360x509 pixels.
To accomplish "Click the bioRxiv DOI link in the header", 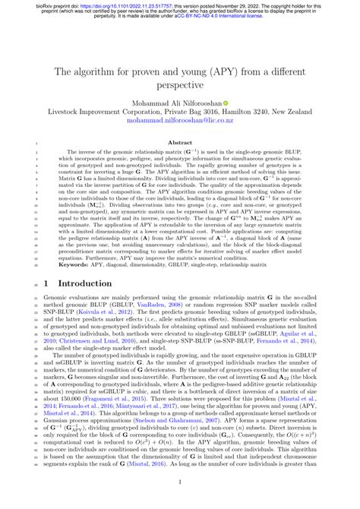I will tap(114, 5).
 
